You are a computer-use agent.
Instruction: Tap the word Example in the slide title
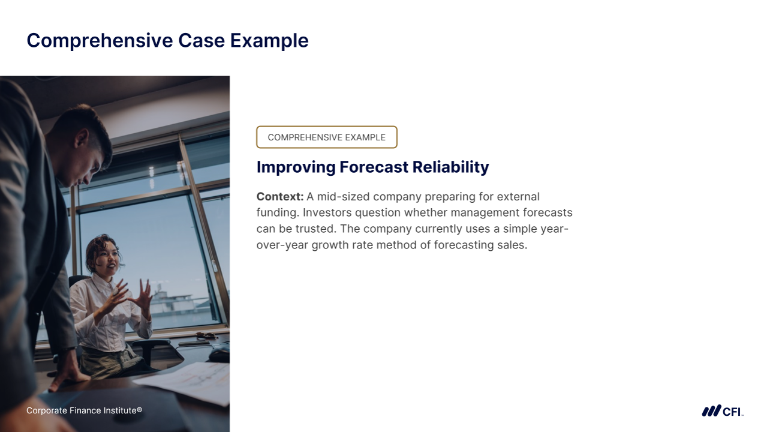[x=269, y=41]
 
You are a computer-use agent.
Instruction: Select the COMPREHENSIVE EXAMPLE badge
[x=327, y=137]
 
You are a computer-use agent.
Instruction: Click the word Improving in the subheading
[x=296, y=167]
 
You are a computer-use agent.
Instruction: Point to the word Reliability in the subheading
[x=450, y=167]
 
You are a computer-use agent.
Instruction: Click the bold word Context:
[x=280, y=197]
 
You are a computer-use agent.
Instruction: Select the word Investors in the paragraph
[x=327, y=212]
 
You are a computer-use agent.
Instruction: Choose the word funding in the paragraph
[x=276, y=213]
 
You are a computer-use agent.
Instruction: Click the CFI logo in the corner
[x=723, y=411]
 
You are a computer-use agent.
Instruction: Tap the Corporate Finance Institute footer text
[x=84, y=410]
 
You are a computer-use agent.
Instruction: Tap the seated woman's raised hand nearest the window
[x=143, y=295]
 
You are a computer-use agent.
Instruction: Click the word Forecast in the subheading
[x=374, y=167]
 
